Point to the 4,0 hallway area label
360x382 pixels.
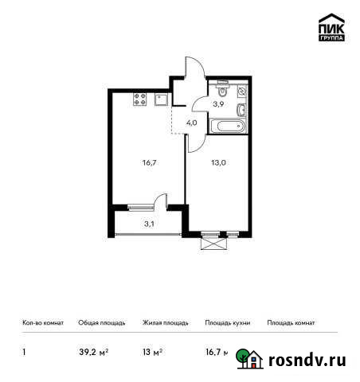[x=192, y=123]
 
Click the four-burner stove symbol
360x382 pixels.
[x=141, y=99]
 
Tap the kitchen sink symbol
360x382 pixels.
[x=162, y=99]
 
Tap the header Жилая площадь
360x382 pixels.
[x=165, y=323]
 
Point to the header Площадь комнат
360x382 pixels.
[x=291, y=323]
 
